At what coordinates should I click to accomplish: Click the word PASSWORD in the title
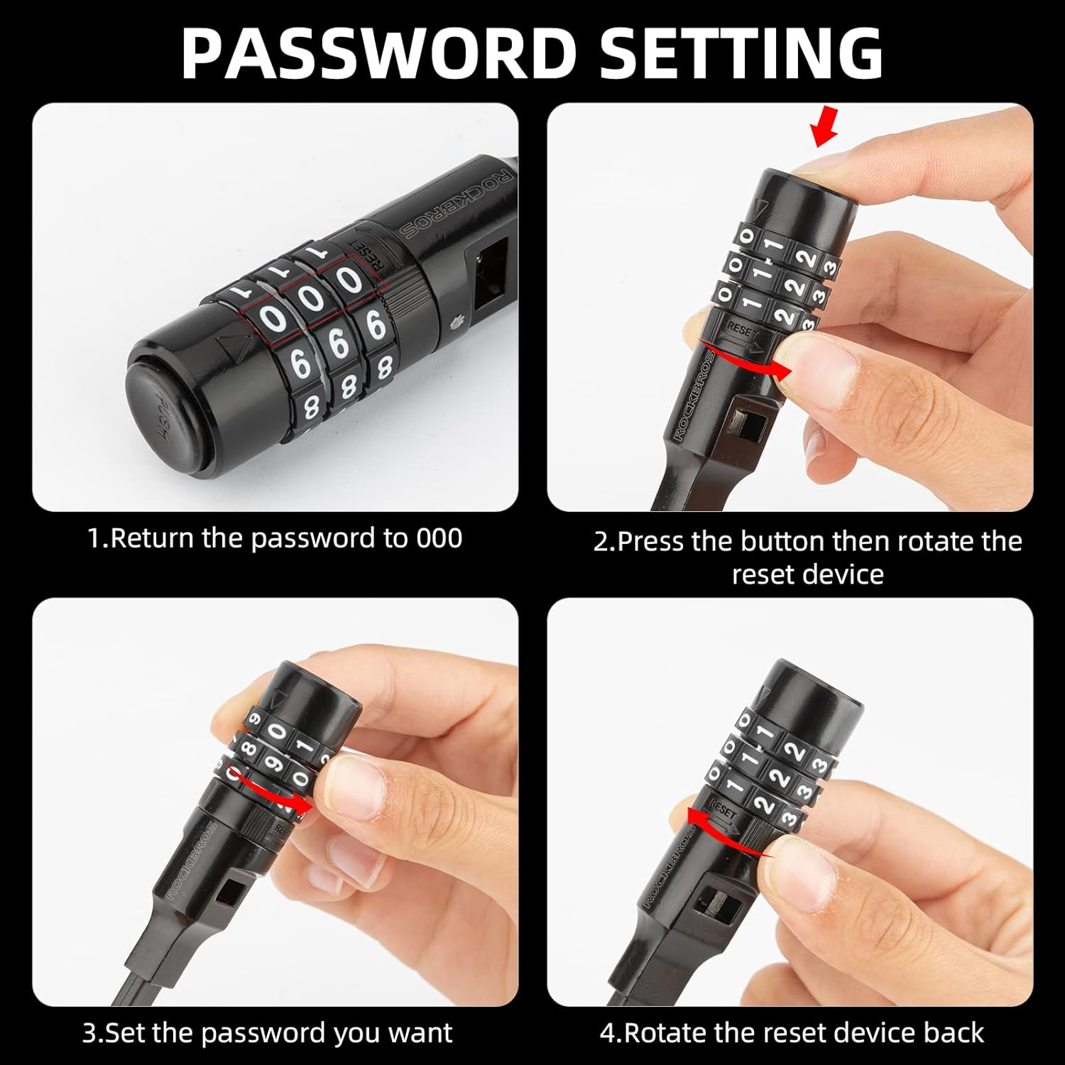tap(378, 53)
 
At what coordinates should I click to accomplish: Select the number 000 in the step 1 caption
tap(439, 538)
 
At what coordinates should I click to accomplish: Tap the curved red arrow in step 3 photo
tap(273, 788)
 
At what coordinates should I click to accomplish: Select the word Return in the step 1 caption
tap(153, 538)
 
